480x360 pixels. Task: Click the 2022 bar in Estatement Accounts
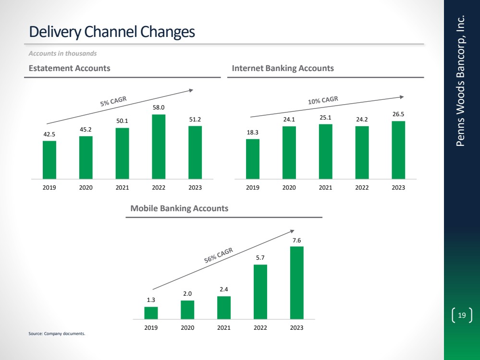[x=159, y=146]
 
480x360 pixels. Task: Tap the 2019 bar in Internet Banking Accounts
[x=253, y=159]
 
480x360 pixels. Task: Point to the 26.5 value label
[x=398, y=115]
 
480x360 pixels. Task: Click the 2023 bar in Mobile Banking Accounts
[x=296, y=283]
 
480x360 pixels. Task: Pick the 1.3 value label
[x=151, y=300]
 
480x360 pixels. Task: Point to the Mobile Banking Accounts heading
[x=179, y=209]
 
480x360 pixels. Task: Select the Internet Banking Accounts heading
[x=283, y=68]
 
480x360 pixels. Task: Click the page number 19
[x=462, y=315]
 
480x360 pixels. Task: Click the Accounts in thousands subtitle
[x=63, y=53]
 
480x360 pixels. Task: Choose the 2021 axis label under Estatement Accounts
[x=122, y=188]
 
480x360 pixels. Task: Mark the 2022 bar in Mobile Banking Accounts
[x=260, y=292]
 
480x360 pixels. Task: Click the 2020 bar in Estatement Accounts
[x=86, y=157]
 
